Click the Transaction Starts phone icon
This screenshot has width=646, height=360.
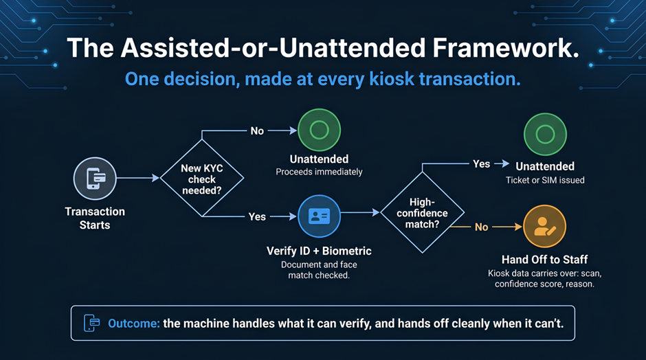(x=95, y=179)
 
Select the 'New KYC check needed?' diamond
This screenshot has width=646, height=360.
(x=202, y=179)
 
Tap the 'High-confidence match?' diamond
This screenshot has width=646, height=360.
(x=422, y=212)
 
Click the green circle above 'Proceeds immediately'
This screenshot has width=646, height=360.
(x=320, y=130)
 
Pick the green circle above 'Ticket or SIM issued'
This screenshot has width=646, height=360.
(x=545, y=134)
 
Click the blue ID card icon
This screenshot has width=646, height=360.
(x=319, y=216)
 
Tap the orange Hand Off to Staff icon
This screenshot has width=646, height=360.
(x=545, y=226)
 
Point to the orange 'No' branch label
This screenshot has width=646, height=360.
(x=481, y=227)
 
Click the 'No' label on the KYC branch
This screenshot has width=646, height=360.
(x=257, y=131)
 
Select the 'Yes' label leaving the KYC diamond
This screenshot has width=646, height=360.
(x=257, y=216)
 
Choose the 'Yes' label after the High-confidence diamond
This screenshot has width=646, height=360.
(x=481, y=164)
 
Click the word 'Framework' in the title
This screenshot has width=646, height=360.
(x=506, y=48)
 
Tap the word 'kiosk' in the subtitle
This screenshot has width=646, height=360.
(x=392, y=79)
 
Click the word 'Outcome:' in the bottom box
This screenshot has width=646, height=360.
(x=133, y=324)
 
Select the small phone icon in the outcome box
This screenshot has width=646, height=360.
(x=91, y=323)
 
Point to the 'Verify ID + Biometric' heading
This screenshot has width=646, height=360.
(x=319, y=251)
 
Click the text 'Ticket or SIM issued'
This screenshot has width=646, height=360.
(x=545, y=180)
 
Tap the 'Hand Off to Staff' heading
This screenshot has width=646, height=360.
(x=545, y=260)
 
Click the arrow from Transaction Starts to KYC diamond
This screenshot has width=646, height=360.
(x=137, y=178)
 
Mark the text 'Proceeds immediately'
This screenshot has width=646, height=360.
(x=319, y=172)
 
